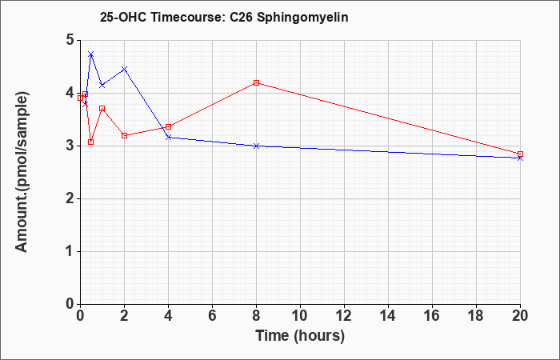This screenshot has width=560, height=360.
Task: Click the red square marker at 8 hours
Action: click(256, 83)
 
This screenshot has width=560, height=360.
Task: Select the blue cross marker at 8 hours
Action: click(256, 146)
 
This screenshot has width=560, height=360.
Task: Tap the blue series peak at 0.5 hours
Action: click(91, 54)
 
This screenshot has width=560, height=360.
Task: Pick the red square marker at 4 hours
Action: click(168, 126)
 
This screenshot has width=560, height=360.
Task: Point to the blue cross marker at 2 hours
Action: click(124, 69)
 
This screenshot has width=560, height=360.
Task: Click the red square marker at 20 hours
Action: click(520, 154)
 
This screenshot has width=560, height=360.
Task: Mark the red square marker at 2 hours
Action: click(124, 135)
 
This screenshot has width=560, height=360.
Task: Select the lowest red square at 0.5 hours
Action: click(91, 142)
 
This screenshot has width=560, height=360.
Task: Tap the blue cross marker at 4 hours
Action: click(168, 137)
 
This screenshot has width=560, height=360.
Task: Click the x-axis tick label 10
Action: click(300, 316)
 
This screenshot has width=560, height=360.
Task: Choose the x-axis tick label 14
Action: click(388, 316)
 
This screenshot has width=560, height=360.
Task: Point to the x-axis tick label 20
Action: click(520, 316)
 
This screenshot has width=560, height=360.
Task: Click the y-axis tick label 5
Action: click(70, 40)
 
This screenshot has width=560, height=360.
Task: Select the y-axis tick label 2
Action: click(70, 198)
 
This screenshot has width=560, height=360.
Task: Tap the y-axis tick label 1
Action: click(70, 251)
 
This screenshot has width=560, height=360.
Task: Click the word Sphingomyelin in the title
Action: click(302, 18)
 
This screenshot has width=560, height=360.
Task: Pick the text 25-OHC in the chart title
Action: click(123, 18)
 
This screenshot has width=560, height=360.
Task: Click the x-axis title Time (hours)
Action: click(300, 336)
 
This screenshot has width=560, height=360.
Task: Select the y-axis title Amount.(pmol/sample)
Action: click(22, 172)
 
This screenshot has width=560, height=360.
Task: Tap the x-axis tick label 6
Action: click(212, 316)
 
